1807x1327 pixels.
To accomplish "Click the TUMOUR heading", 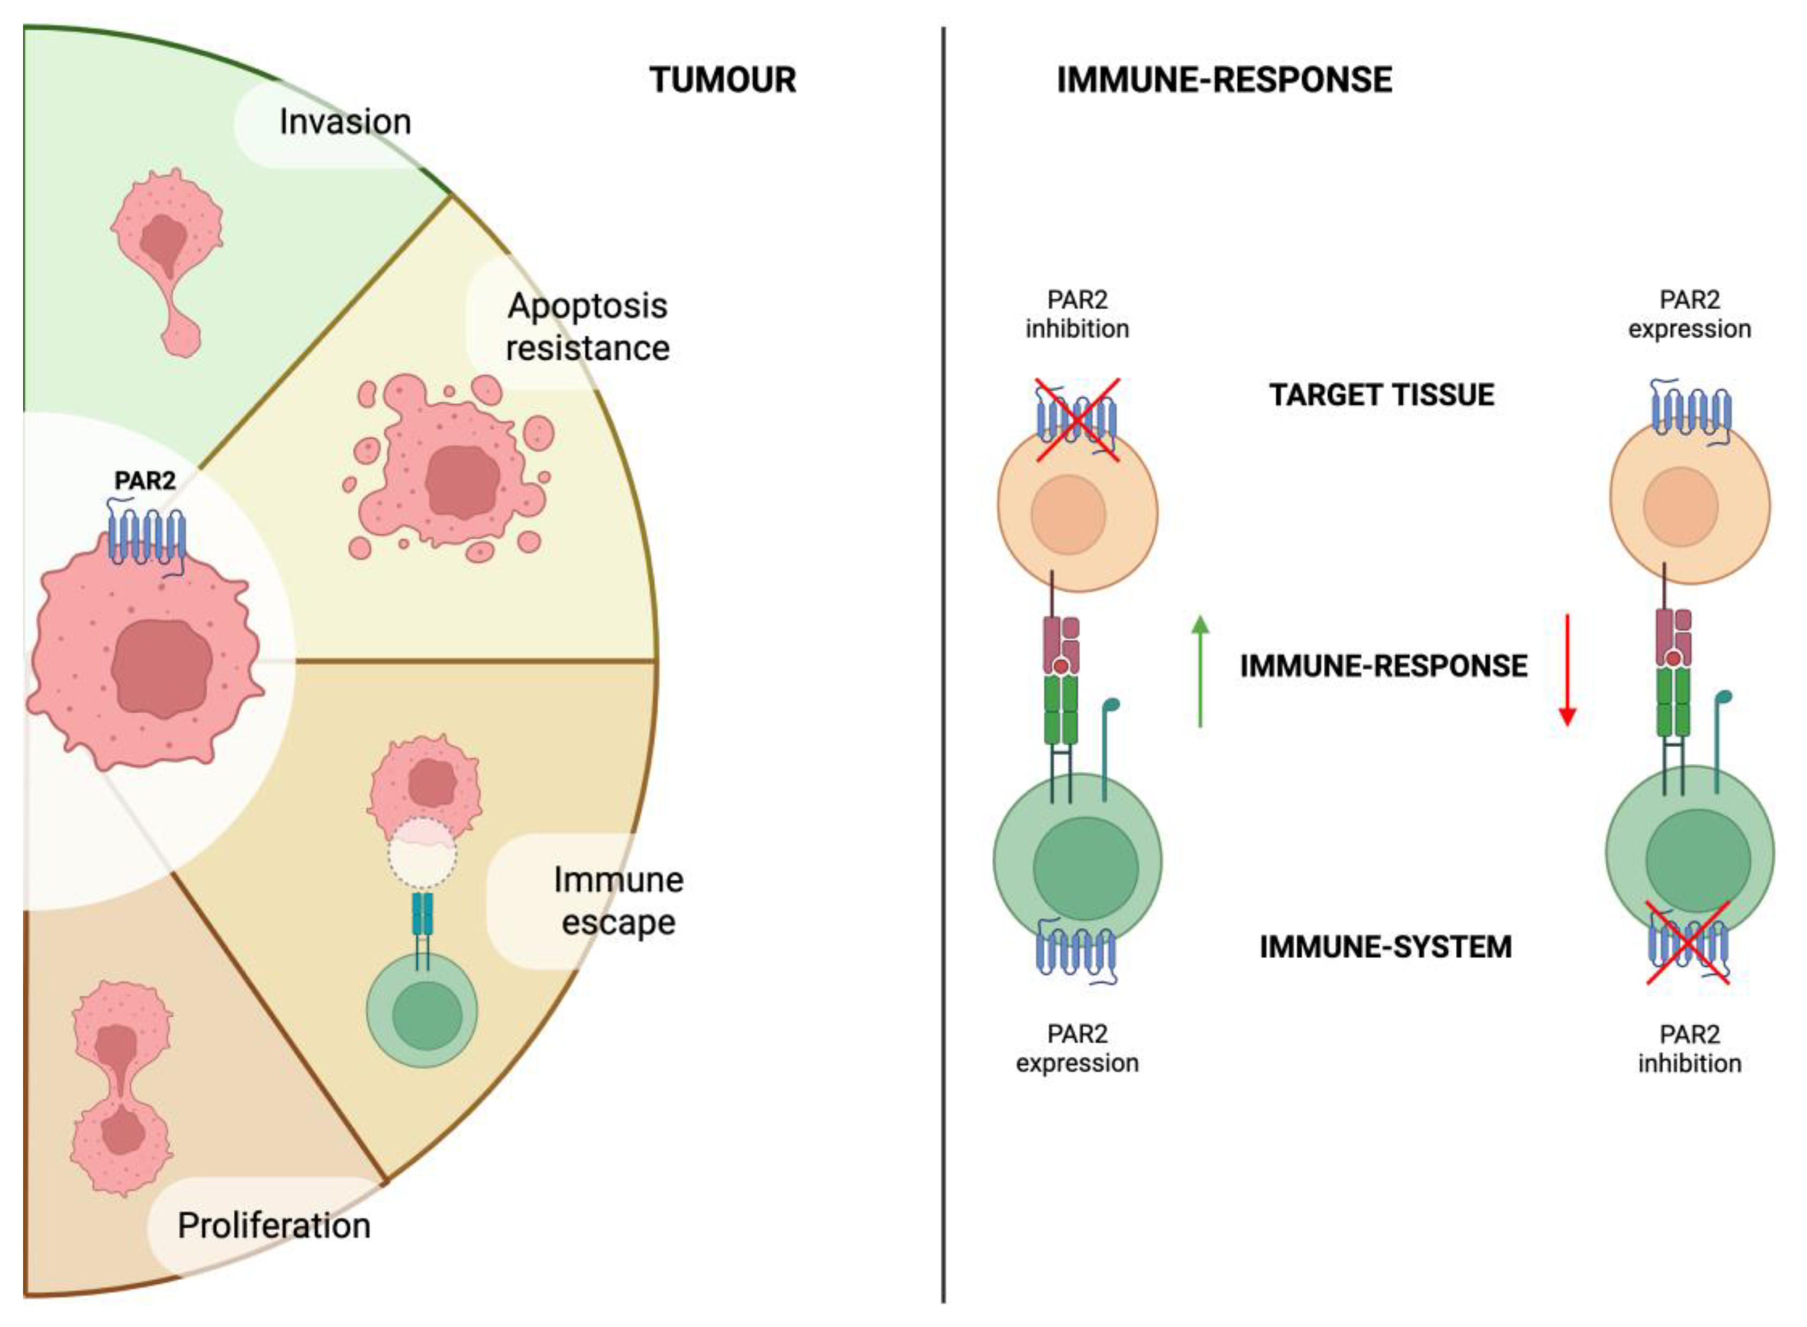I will click(x=722, y=80).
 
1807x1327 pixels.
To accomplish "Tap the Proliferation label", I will click(x=274, y=1226).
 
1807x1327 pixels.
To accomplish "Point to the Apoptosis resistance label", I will click(x=587, y=327).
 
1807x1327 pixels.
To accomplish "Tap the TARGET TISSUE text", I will click(x=1381, y=395).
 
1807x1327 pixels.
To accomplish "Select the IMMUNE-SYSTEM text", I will click(x=1385, y=946).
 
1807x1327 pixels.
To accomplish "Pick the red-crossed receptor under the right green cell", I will click(x=1688, y=943).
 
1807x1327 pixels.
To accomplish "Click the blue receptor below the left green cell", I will click(x=1077, y=949).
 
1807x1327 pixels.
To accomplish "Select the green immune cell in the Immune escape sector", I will click(x=423, y=1011).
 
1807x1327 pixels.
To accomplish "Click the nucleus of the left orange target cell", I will click(x=1069, y=514).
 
